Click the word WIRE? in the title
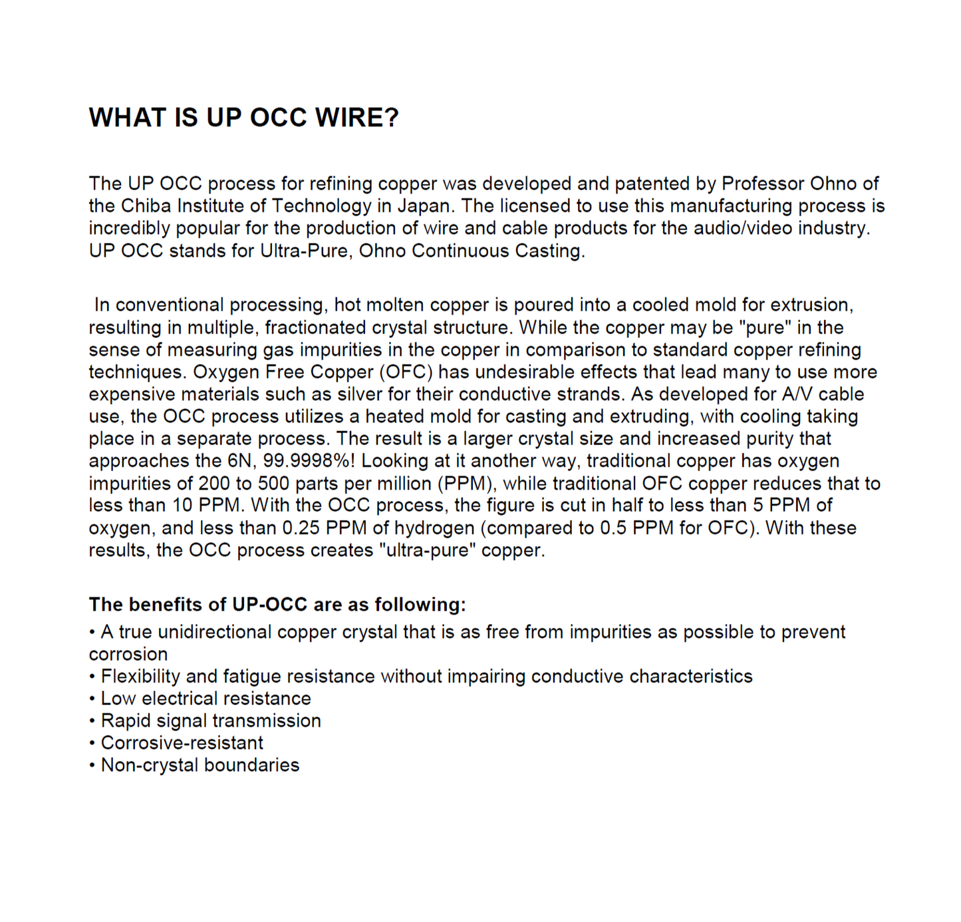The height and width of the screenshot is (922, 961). tap(356, 118)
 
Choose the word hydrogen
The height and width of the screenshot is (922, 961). tap(434, 528)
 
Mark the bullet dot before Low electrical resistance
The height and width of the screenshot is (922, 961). tap(92, 699)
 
